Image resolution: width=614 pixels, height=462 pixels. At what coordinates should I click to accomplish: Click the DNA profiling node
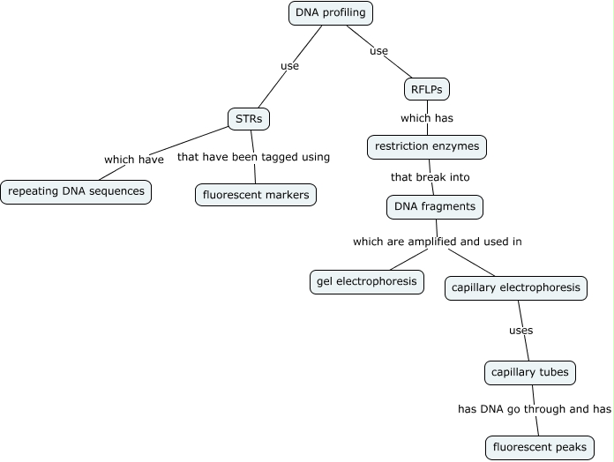click(331, 13)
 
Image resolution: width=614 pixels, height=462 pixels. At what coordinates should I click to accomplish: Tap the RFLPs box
click(427, 89)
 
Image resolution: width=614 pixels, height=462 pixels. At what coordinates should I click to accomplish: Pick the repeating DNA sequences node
click(76, 191)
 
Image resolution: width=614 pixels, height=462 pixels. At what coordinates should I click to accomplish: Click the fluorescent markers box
click(256, 195)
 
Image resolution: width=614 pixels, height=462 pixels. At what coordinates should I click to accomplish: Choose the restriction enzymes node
click(427, 146)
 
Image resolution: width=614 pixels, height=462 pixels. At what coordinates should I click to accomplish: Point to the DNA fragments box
click(435, 206)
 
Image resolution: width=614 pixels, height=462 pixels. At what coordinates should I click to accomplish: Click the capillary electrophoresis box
click(516, 287)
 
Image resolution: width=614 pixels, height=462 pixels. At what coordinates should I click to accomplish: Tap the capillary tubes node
click(530, 373)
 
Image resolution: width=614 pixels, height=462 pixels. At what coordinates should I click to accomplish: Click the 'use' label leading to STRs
click(289, 65)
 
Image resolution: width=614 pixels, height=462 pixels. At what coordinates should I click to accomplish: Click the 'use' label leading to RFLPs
click(378, 51)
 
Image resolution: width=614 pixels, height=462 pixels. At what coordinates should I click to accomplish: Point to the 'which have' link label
click(134, 160)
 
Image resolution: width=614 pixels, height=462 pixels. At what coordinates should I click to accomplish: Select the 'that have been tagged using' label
click(253, 157)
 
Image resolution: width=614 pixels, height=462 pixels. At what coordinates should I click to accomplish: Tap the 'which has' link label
click(427, 118)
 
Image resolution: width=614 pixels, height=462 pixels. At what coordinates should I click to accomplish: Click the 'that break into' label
click(431, 176)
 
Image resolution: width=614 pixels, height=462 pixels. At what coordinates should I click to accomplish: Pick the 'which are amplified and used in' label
click(431, 241)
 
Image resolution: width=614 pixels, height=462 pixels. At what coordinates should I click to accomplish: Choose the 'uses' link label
click(521, 331)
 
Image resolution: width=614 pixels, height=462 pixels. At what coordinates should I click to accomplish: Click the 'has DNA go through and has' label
click(535, 409)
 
